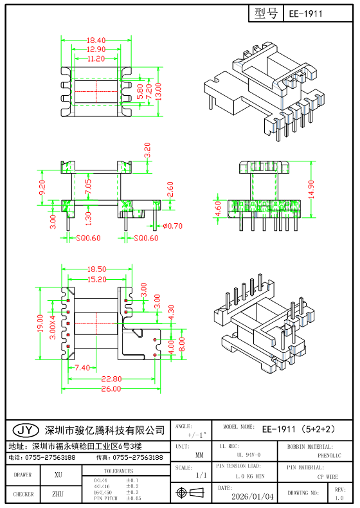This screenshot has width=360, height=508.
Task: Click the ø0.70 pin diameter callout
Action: click(173, 226)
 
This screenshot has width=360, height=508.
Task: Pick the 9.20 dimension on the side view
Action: click(43, 188)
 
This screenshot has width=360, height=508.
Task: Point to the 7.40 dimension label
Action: click(82, 368)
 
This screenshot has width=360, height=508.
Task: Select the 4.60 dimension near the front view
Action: click(217, 210)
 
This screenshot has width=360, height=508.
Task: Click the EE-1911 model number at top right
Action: click(306, 13)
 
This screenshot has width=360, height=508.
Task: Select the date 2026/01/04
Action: click(252, 496)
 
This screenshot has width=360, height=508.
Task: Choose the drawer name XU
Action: click(58, 475)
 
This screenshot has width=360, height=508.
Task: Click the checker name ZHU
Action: click(58, 494)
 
